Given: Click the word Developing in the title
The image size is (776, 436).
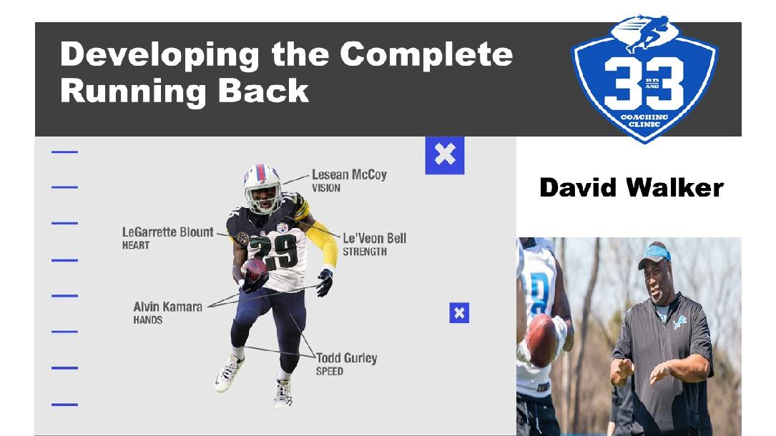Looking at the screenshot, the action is coord(159,55).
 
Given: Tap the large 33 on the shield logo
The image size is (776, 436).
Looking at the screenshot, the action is coord(644,83).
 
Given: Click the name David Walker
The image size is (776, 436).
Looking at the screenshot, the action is coord(632,188).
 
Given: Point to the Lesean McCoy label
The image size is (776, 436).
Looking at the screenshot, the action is coord(349,174).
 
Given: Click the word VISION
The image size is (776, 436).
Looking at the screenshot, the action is coord(325,188).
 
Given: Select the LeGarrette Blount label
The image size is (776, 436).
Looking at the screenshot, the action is coord(168,232).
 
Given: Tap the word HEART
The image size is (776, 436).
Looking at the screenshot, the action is coord(136,245).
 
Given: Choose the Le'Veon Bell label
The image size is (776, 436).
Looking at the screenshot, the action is coord(374,238).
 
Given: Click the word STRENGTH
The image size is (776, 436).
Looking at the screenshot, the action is coord(365,252).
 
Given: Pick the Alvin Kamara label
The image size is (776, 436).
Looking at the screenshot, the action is coord(168,307).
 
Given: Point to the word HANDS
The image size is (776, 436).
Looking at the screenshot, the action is coord(147,319).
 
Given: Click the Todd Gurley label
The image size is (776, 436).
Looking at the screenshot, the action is coord(346,358).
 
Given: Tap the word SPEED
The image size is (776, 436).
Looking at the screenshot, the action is coord(329,371).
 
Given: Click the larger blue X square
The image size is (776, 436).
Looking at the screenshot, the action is coord(444,155).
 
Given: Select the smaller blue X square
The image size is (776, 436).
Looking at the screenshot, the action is coord(459,313).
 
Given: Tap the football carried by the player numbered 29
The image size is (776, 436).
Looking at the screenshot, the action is coord(254,270).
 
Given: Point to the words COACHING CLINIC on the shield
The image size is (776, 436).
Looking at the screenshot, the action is coord(644,121).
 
